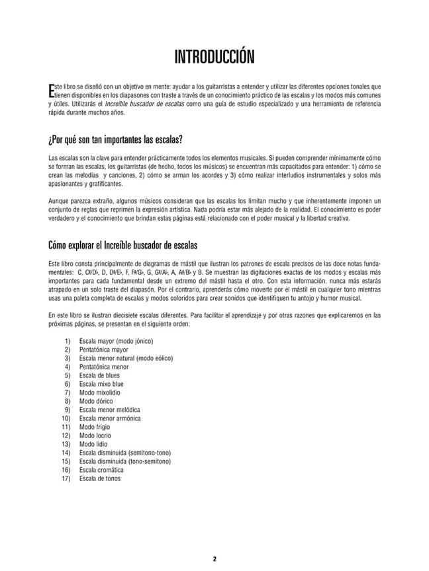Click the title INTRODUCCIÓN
214,57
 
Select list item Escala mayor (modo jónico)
116,341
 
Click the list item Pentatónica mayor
104,350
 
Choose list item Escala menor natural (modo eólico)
126,358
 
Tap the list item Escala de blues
99,375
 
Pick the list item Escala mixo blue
101,384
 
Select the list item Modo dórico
97,401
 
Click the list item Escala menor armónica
110,418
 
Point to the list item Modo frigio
95,427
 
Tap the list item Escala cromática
101,470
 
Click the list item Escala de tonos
100,478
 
